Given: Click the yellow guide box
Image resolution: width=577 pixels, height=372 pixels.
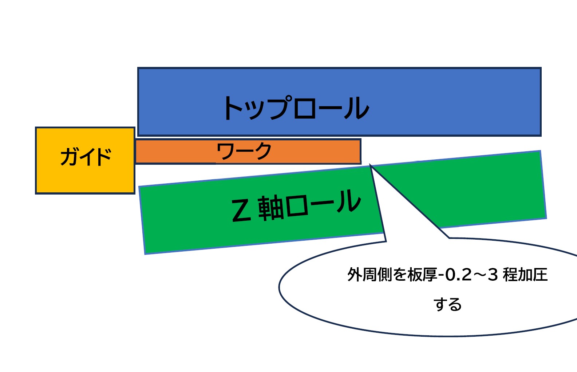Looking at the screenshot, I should [x=85, y=178].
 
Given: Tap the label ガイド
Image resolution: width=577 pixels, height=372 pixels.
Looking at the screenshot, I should [x=86, y=157].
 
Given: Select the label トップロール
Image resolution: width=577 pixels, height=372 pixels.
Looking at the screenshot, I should [x=296, y=108].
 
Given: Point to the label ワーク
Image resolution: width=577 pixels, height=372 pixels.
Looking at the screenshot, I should [x=244, y=151].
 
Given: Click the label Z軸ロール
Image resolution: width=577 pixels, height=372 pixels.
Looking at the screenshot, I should [x=296, y=206].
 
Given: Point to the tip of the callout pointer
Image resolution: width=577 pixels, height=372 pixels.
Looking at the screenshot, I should [x=370, y=165].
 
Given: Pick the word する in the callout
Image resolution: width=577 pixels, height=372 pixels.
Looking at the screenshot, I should [x=447, y=304].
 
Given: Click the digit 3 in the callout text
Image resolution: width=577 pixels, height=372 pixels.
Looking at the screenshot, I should [x=493, y=275].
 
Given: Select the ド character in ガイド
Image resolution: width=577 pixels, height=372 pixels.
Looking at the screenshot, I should [x=102, y=157].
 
